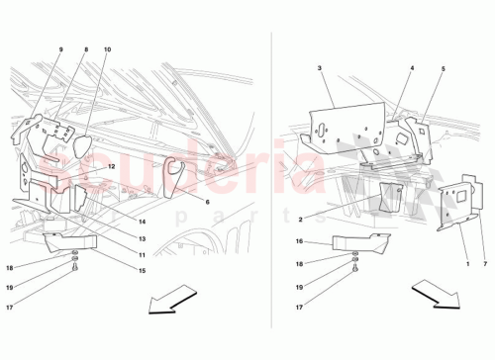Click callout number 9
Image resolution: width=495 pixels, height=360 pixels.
58,49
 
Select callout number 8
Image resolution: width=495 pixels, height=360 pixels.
85,49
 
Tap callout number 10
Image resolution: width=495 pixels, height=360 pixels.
107,49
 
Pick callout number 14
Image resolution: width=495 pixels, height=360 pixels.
143,222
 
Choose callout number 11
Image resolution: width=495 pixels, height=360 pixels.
143,254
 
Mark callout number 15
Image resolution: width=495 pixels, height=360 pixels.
143,271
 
